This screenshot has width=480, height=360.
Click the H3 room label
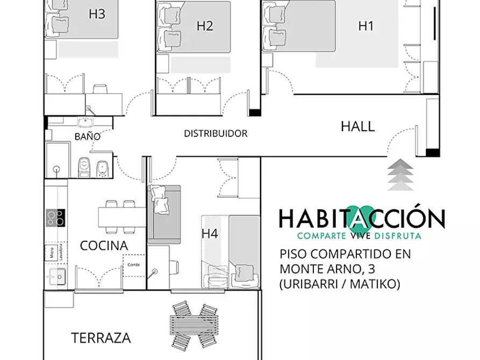tap(97, 14)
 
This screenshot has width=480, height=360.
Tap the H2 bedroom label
tap(205, 26)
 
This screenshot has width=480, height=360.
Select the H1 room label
tap(366, 26)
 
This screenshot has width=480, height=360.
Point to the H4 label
tap(210, 234)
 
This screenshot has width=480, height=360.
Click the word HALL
tap(358, 126)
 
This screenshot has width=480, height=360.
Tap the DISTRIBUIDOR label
tap(216, 133)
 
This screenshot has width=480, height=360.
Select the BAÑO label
tap(88, 136)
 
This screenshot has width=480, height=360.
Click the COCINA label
tap(104, 246)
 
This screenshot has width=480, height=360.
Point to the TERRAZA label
tap(101, 338)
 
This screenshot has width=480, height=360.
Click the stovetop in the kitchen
tap(55, 218)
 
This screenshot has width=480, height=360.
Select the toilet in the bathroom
tap(84, 167)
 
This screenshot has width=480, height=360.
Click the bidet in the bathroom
tap(102, 169)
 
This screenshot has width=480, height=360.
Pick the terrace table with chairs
tap(195, 326)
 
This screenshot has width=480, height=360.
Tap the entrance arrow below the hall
tap(400, 175)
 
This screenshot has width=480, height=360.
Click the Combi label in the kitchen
tap(133, 265)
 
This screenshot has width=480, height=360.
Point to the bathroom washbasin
tap(85, 122)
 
